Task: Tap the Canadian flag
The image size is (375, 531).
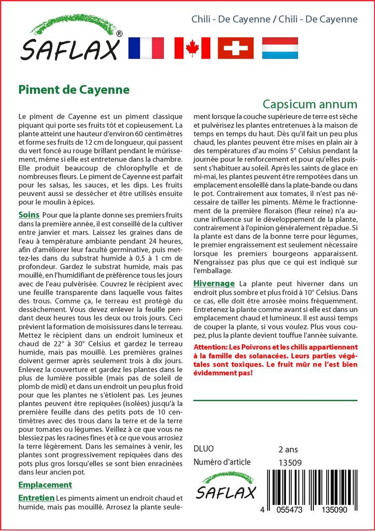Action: coord(192,48)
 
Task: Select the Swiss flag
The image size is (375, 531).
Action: coord(236,48)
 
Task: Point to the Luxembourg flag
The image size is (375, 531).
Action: coord(280,48)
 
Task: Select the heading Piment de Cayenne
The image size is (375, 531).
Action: coord(74,89)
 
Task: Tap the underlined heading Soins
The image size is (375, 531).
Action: coord(29,215)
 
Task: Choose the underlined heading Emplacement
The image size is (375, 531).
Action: coord(45,485)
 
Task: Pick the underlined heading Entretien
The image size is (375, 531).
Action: coord(36,498)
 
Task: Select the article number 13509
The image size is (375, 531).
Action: coord(290,463)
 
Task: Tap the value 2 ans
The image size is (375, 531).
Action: coord(288,449)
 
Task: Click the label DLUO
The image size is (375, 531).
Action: coord(203,449)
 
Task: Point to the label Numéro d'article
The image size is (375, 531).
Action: coord(222,462)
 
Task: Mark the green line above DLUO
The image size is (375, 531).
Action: coord(275,400)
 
